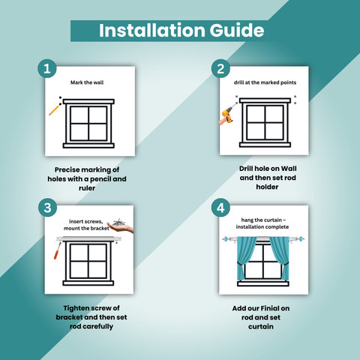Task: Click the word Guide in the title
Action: (236, 31)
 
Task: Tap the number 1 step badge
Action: (47, 68)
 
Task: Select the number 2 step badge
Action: (220, 69)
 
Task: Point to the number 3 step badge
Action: (47, 208)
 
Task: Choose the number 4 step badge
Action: (220, 208)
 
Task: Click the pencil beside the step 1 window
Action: (54, 110)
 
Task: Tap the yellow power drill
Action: (227, 115)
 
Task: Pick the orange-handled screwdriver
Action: (57, 250)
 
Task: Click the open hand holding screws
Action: (120, 226)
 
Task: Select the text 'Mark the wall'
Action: (87, 82)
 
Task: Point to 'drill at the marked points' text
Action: (265, 82)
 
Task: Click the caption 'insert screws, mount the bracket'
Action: (86, 225)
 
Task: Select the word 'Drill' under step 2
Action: (247, 169)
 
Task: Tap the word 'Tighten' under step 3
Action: (75, 308)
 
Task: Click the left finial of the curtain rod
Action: (226, 239)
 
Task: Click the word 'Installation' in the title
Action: (152, 31)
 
